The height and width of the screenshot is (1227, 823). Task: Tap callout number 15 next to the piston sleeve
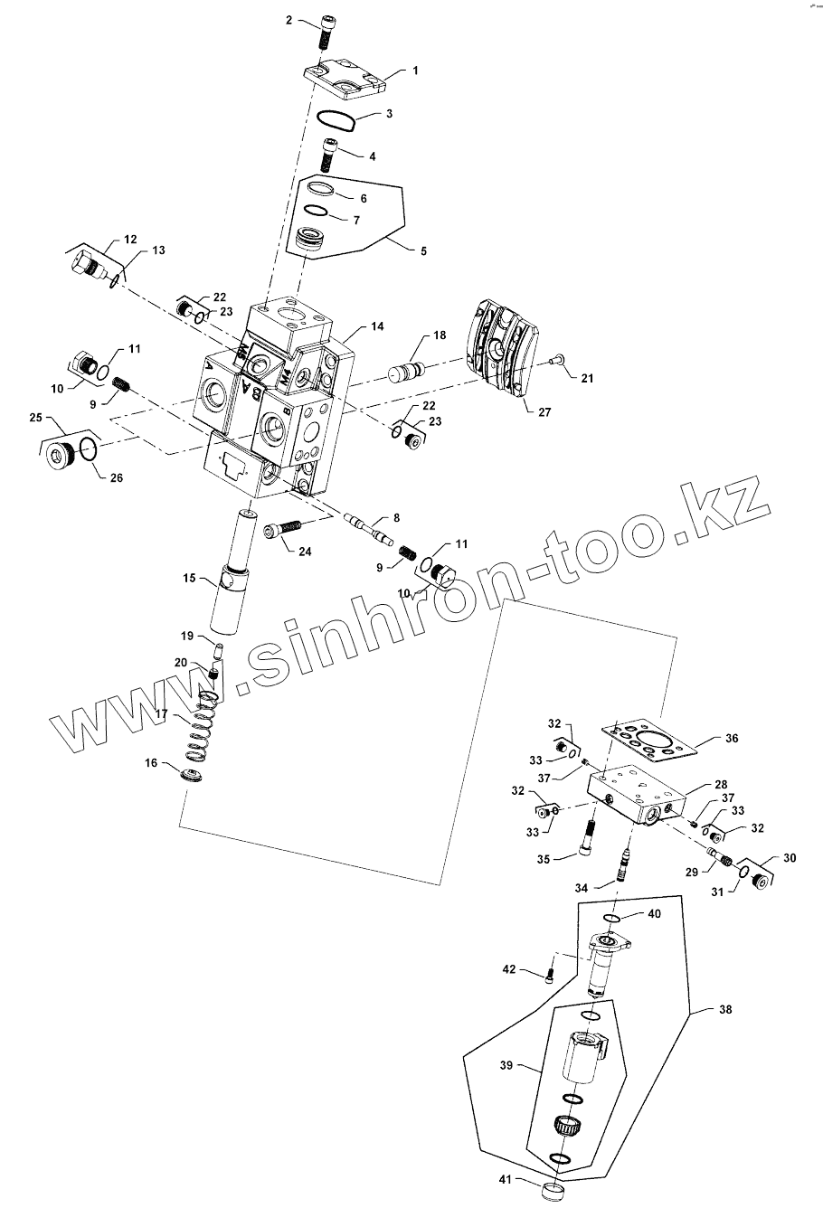[x=189, y=576]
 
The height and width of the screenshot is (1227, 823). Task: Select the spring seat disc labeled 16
[x=193, y=775]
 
